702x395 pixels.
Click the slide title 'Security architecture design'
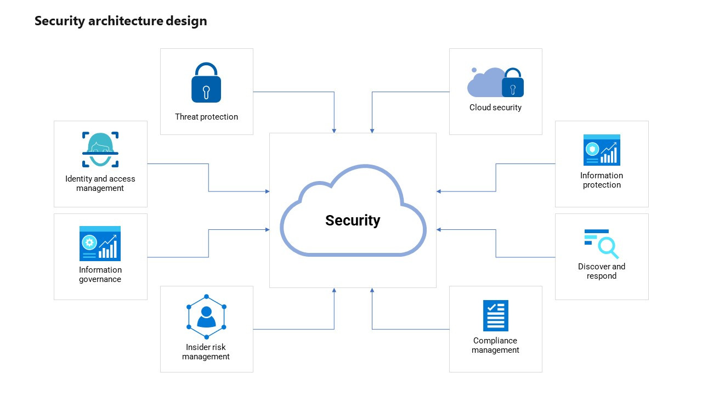pyautogui.click(x=121, y=21)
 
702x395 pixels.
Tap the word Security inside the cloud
pyautogui.click(x=353, y=221)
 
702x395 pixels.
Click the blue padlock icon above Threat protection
pyautogui.click(x=206, y=83)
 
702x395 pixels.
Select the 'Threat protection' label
pyautogui.click(x=206, y=117)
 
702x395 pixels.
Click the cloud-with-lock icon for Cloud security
pyautogui.click(x=495, y=83)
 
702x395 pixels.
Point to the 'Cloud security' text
pyautogui.click(x=495, y=108)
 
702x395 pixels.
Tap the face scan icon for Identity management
pyautogui.click(x=100, y=149)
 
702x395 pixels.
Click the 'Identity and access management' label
pyautogui.click(x=100, y=184)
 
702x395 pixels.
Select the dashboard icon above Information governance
pyautogui.click(x=100, y=244)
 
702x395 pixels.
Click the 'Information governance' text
pyautogui.click(x=100, y=275)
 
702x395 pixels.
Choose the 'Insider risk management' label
pyautogui.click(x=206, y=352)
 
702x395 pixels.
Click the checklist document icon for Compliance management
pyautogui.click(x=495, y=315)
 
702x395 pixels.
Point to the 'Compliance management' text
pyautogui.click(x=495, y=346)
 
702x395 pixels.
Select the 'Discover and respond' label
pyautogui.click(x=602, y=272)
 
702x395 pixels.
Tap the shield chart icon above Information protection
pyautogui.click(x=602, y=150)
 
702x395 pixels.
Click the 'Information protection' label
pyautogui.click(x=602, y=180)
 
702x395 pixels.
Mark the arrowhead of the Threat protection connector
pyautogui.click(x=334, y=131)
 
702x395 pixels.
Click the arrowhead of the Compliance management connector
pyautogui.click(x=372, y=290)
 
